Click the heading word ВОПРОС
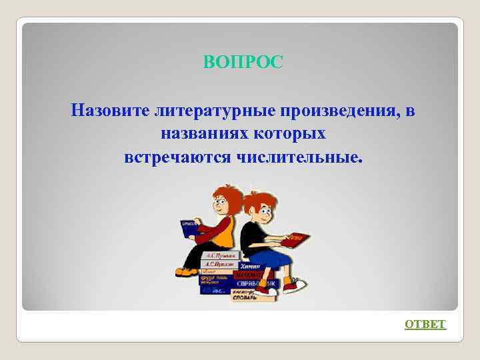(243, 63)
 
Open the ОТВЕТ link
(425, 324)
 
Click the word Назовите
(109, 110)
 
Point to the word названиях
(203, 134)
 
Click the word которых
(289, 134)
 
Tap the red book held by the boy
(298, 237)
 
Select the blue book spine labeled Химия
(257, 265)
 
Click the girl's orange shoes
(186, 272)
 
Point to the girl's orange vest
(225, 233)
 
